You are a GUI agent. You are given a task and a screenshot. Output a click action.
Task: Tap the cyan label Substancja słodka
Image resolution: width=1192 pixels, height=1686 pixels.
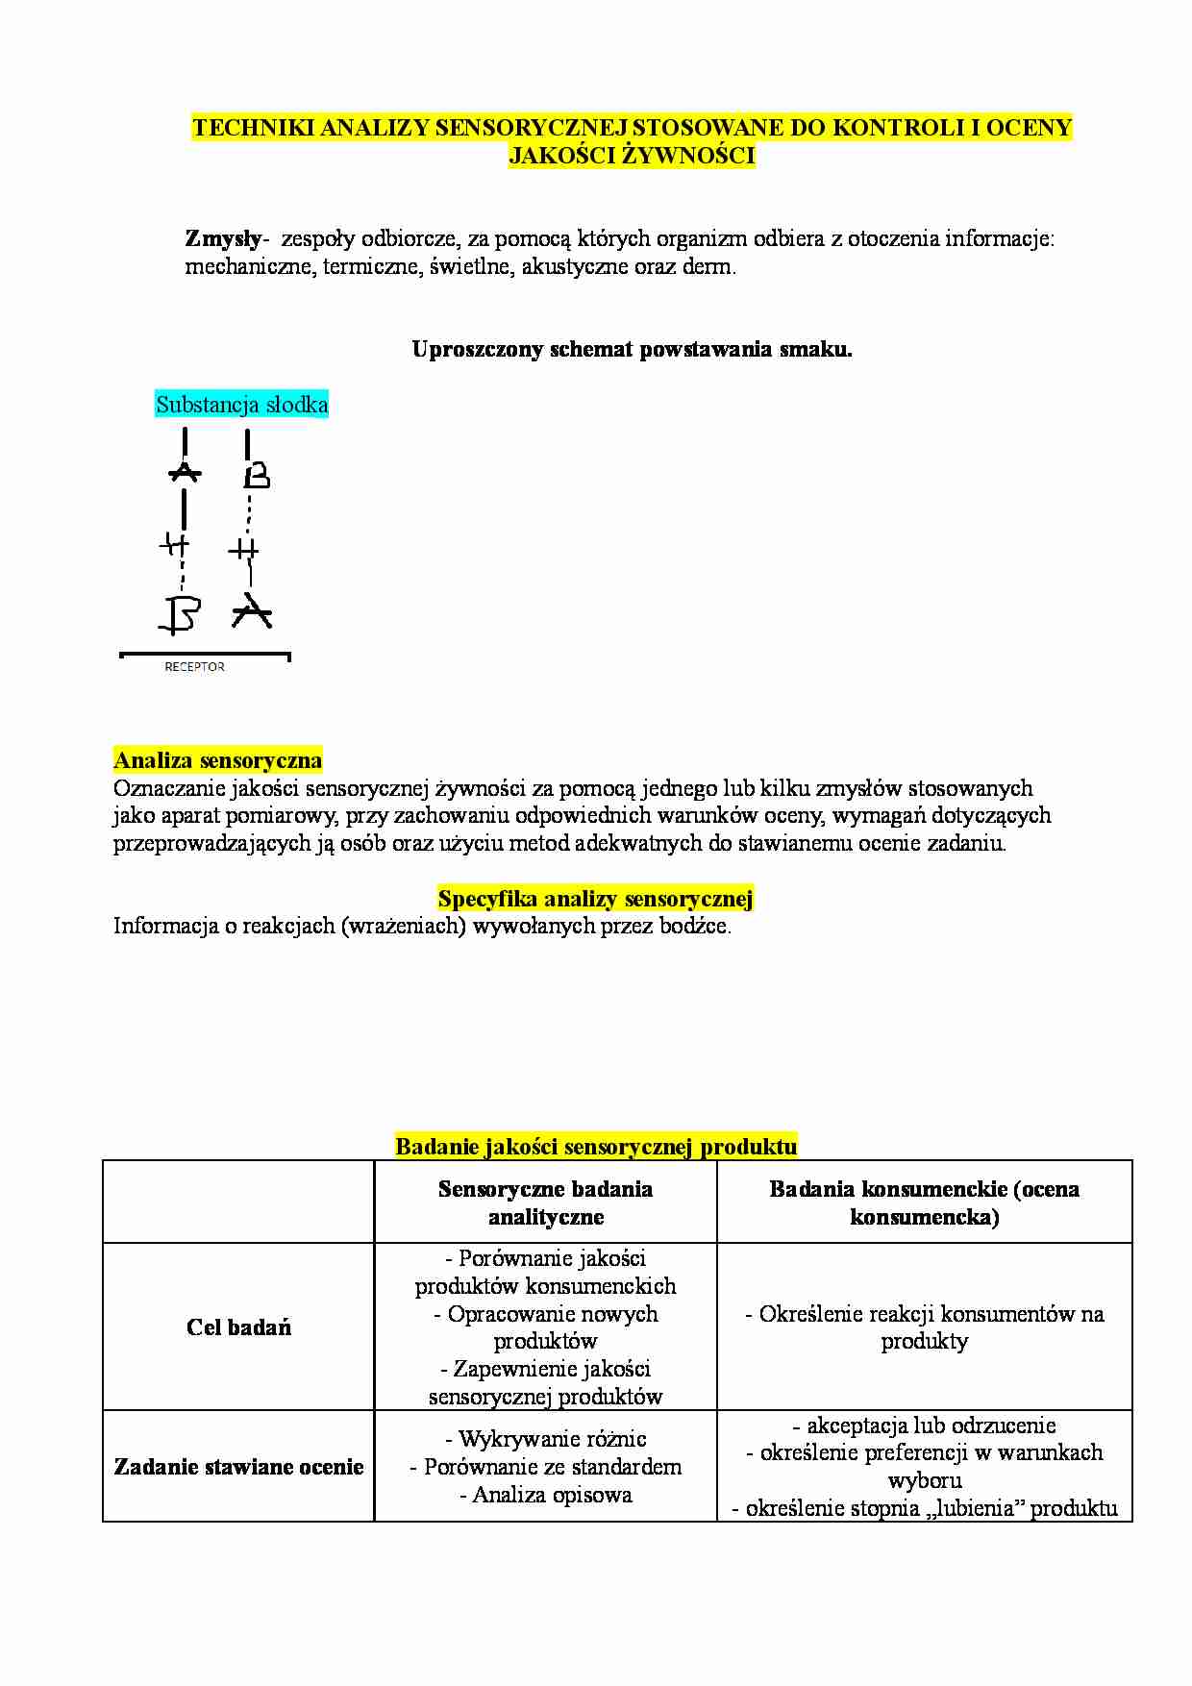(241, 405)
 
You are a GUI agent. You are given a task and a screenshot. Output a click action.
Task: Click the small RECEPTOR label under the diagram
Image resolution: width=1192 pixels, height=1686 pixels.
(194, 667)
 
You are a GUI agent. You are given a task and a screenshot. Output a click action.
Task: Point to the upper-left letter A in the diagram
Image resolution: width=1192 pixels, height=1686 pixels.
(185, 472)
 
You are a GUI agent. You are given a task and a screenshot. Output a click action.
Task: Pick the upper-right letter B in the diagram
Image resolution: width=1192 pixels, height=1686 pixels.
(256, 476)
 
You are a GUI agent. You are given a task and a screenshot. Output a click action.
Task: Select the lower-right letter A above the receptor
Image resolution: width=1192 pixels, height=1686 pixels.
(253, 612)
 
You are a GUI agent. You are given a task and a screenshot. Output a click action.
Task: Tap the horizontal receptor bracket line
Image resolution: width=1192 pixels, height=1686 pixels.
(205, 655)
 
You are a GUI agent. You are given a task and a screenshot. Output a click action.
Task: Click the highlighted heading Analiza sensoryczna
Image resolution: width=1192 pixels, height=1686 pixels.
(217, 760)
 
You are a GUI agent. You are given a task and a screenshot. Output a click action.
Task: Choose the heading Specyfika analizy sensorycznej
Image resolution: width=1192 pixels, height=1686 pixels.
(595, 899)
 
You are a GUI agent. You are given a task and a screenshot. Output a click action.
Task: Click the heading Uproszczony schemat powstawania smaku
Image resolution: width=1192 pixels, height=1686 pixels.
(632, 349)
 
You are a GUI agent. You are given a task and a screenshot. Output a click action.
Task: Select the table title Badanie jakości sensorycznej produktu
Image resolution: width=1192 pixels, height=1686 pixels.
(596, 1146)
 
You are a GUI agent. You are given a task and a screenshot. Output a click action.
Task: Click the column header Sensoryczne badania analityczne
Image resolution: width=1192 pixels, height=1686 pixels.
(545, 1203)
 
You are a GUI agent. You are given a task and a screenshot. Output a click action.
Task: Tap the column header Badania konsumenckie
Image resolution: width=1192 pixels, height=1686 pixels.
(924, 1203)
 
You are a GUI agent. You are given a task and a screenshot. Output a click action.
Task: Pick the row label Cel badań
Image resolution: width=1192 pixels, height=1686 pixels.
(238, 1327)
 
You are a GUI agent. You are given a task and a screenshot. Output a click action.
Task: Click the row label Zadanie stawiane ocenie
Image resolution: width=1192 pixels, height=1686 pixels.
(238, 1467)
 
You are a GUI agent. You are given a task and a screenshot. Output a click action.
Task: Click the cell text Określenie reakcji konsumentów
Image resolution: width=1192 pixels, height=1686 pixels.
(924, 1314)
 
